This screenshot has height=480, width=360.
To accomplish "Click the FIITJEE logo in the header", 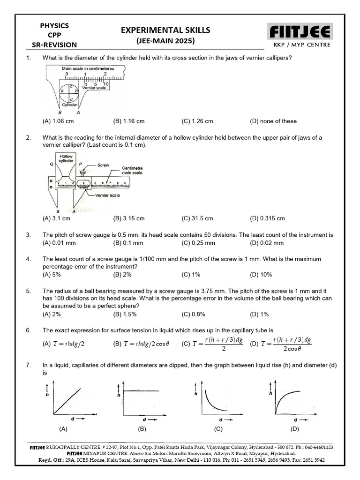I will pos(300,32).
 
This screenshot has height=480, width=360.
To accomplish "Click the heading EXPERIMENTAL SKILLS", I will pos(165,30).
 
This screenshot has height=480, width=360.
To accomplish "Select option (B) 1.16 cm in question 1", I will pos(129,121).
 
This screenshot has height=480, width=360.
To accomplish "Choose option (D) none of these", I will pos(273,121).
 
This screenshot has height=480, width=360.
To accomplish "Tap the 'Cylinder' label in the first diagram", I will pos(69,105).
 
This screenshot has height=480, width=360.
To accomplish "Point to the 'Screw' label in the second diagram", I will pos(103,165).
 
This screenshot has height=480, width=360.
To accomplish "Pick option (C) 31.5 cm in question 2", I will pos(197,218).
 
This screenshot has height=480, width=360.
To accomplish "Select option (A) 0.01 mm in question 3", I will pos(59,243).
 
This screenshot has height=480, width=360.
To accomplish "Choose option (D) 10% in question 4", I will pos(261,275).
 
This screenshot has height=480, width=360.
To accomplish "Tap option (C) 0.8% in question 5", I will pos(194,314).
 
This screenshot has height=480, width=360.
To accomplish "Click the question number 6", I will pos(29,330).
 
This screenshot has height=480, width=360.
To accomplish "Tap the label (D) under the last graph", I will pos(294,429).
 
